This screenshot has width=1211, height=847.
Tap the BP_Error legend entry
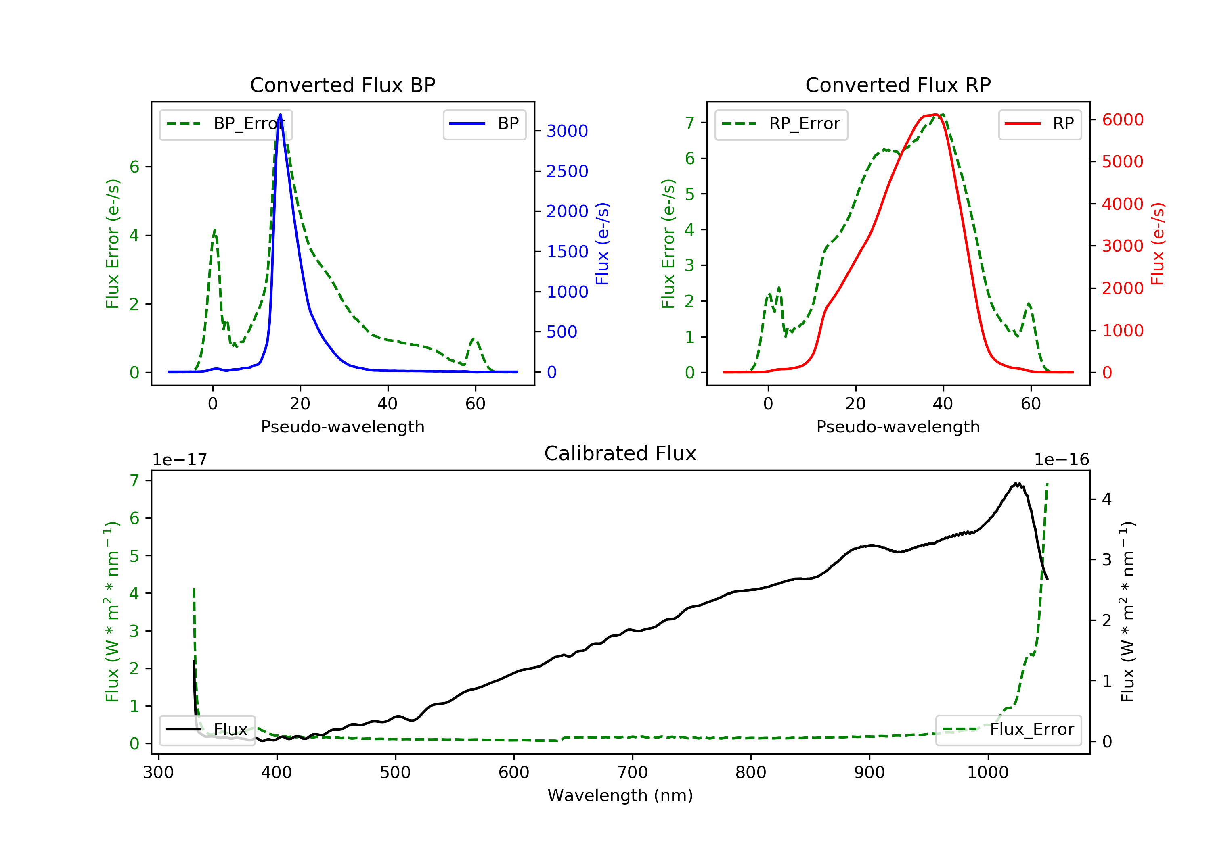click(x=226, y=124)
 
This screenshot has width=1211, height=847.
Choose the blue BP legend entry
click(x=484, y=124)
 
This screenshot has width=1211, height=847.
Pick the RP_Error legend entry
click(x=781, y=124)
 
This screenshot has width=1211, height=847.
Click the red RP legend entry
click(x=1039, y=124)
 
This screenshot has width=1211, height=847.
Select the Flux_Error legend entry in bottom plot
click(x=1008, y=730)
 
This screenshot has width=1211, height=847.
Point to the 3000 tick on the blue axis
click(x=567, y=131)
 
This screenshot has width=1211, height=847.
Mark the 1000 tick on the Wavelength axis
click(x=987, y=773)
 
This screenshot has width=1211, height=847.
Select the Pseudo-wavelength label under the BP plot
click(x=342, y=427)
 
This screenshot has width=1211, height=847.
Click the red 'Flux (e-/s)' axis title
click(x=1157, y=244)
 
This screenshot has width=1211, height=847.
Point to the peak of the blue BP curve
click(x=280, y=115)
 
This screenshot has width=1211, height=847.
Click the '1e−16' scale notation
click(x=1061, y=460)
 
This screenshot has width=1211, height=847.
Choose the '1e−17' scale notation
click(x=179, y=460)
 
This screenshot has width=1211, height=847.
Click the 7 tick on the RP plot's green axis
click(x=689, y=122)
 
